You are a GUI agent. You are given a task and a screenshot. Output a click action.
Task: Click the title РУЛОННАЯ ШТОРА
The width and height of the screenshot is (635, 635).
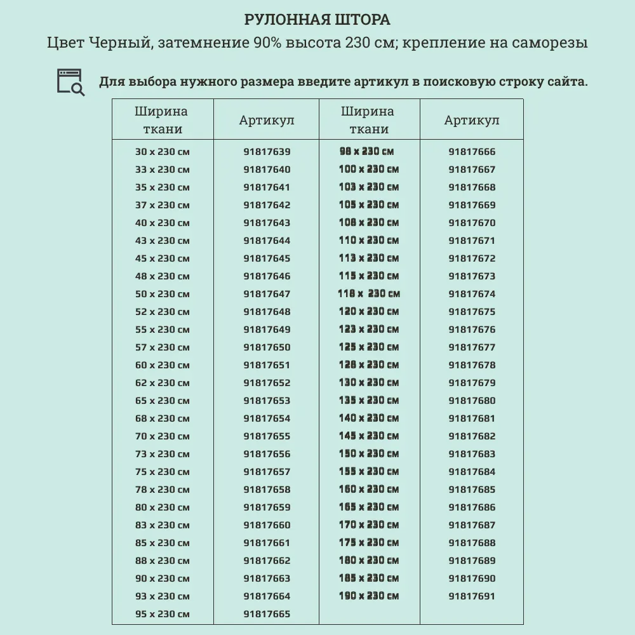pyautogui.click(x=317, y=20)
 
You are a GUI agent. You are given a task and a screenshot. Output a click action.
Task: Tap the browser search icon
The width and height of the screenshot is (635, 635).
pyautogui.click(x=70, y=82)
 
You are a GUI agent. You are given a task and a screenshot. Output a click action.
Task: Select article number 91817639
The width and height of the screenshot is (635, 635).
pyautogui.click(x=267, y=152)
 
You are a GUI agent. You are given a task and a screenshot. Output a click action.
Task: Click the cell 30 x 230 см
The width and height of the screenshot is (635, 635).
pyautogui.click(x=163, y=152)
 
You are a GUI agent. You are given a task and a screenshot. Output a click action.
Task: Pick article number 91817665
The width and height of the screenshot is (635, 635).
pyautogui.click(x=267, y=614)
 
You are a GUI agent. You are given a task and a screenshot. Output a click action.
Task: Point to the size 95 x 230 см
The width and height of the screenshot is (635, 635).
pyautogui.click(x=163, y=614)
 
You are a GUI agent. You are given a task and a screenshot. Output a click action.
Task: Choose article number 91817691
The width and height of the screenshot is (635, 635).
pyautogui.click(x=472, y=596)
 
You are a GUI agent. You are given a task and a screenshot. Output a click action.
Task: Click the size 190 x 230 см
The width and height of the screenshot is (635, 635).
pyautogui.click(x=368, y=596)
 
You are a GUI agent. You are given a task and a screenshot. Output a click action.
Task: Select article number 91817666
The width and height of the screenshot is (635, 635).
pyautogui.click(x=472, y=152)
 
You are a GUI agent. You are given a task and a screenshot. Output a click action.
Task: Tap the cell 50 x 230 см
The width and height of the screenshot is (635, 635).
pyautogui.click(x=163, y=294)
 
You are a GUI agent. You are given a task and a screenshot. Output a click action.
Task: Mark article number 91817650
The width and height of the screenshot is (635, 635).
pyautogui.click(x=267, y=347)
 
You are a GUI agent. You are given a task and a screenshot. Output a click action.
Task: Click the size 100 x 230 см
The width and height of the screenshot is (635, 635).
pyautogui.click(x=368, y=170)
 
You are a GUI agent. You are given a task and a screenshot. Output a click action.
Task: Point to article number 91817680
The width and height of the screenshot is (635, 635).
pyautogui.click(x=472, y=401)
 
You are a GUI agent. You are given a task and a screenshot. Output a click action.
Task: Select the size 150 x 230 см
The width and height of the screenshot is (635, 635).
pyautogui.click(x=368, y=454)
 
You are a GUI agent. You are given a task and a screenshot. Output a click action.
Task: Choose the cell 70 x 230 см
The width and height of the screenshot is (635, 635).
pyautogui.click(x=163, y=436)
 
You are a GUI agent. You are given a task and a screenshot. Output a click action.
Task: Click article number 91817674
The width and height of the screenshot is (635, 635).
pyautogui.click(x=472, y=294)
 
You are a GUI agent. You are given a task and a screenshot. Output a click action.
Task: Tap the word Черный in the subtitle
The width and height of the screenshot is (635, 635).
pyautogui.click(x=116, y=43)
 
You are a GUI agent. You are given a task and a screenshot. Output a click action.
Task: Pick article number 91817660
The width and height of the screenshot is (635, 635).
pyautogui.click(x=267, y=525)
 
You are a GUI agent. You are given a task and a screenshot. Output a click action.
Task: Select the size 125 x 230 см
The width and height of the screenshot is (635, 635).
pyautogui.click(x=368, y=347)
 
